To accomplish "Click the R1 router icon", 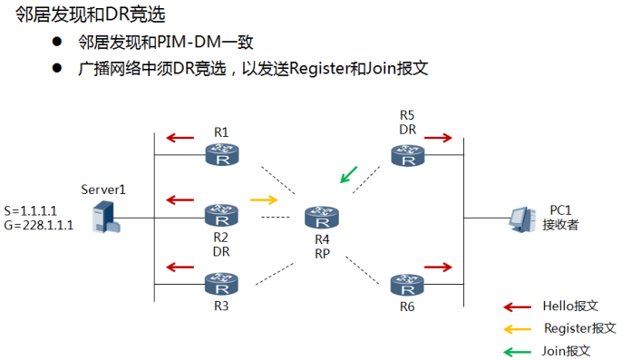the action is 222,154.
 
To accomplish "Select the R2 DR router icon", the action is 221,215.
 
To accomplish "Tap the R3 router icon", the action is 221,284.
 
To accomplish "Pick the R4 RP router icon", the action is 322,218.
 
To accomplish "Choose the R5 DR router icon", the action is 408,155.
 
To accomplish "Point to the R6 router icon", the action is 407,285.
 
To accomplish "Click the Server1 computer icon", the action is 106,217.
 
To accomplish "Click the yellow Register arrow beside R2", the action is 264,199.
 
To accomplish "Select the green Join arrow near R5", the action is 349,175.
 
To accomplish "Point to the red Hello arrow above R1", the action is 180,138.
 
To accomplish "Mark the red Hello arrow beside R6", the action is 438,268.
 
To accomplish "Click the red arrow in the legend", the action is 517,306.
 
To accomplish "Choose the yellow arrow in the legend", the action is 517,329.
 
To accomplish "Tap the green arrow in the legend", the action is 517,352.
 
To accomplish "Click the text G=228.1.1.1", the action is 38,225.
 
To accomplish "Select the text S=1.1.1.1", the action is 30,210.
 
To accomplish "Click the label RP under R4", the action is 322,254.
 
